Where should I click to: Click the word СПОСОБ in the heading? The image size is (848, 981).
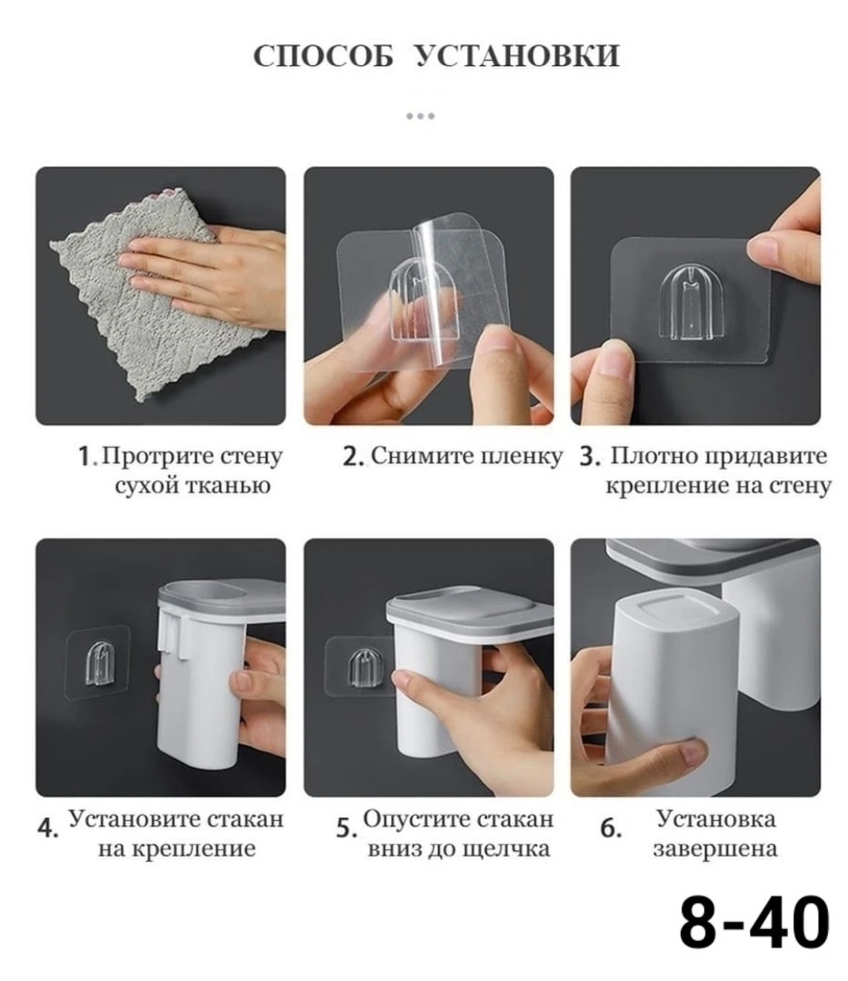323,55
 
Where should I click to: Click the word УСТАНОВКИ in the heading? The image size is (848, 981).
517,55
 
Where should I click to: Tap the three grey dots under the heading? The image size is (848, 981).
420,115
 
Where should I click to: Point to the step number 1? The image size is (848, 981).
85,457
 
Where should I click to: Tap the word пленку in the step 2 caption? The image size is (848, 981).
522,457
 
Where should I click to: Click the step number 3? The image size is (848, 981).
589,457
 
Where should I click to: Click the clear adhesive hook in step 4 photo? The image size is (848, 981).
99,663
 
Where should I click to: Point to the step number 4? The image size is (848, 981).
47,827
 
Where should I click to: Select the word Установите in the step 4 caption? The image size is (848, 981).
133,819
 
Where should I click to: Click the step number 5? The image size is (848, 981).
346,827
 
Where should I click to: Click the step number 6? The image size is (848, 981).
611,827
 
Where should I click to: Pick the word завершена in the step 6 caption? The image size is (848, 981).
715,849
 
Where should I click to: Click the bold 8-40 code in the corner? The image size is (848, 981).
754,922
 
